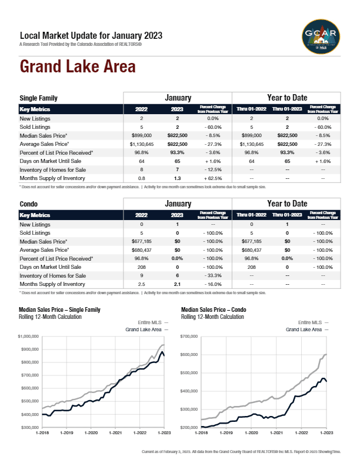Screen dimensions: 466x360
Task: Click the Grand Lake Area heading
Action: click(78, 66)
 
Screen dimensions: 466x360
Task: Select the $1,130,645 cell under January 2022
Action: click(142, 144)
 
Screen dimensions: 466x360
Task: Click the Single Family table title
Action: click(38, 98)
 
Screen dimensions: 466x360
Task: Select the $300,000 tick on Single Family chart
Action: click(28, 427)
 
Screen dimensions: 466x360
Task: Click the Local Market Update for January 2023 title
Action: click(91, 35)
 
